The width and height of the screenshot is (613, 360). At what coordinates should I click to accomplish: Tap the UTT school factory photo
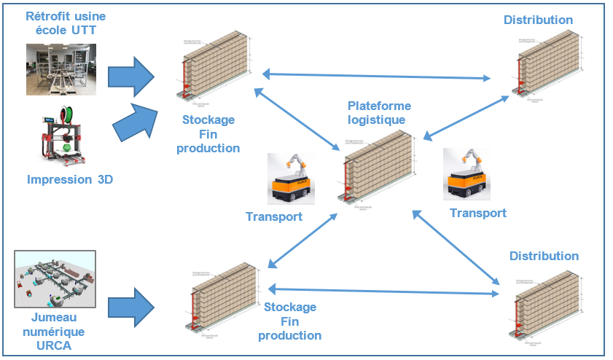[x=61, y=69]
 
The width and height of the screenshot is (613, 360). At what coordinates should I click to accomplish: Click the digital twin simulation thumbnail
[x=55, y=280]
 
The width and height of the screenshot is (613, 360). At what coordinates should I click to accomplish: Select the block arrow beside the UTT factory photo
[x=132, y=76]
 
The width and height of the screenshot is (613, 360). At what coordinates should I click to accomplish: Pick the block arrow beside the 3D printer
[x=135, y=121]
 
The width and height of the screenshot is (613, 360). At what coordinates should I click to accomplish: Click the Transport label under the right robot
[x=477, y=213]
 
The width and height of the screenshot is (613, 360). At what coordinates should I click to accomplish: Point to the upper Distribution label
[x=538, y=20]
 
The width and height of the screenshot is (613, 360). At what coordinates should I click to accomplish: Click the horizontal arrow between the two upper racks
[x=376, y=76]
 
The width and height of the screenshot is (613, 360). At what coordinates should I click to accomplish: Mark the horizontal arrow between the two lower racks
[x=383, y=291]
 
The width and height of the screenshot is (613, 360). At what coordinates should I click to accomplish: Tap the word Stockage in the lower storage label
[x=290, y=308]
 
